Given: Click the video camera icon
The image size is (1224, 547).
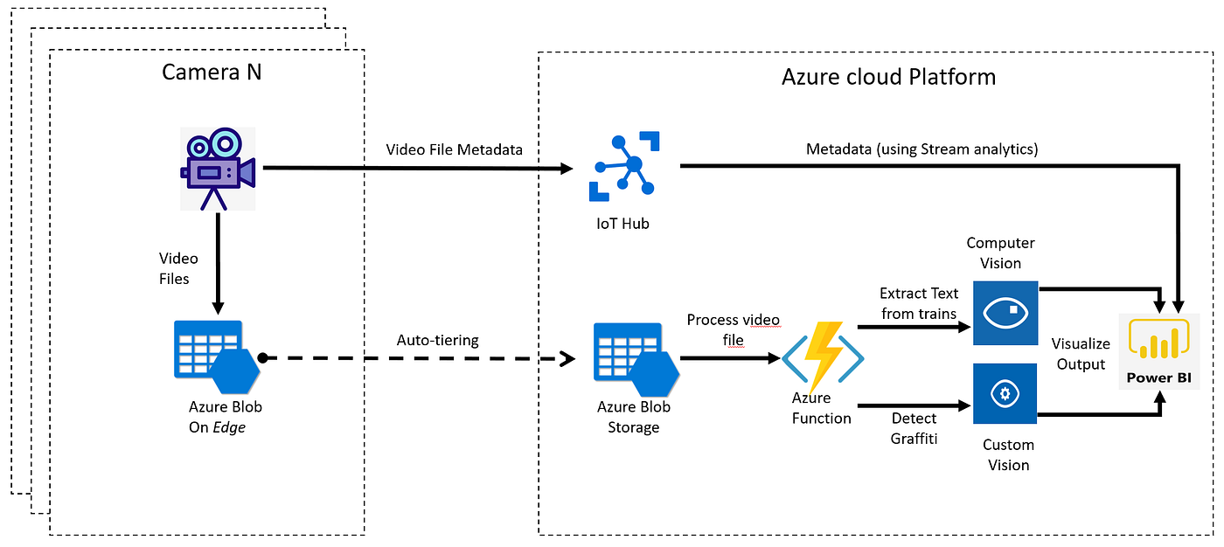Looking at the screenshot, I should coord(218,169).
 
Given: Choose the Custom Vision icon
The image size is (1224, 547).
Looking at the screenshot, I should coord(1005,394).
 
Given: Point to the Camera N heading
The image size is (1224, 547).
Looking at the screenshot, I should coord(212,72).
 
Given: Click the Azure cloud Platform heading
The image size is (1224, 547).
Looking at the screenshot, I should coord(888,77).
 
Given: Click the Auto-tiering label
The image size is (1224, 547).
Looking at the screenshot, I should coord(437,340).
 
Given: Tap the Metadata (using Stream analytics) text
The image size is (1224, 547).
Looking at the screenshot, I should coord(921,149).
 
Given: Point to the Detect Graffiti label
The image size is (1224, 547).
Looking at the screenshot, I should coord(915,428).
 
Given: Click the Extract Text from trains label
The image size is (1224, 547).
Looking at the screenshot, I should coord(919,303).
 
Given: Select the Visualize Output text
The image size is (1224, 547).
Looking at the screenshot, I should coord(1081,354).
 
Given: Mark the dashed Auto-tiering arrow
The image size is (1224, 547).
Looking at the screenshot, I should coord(420,358).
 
